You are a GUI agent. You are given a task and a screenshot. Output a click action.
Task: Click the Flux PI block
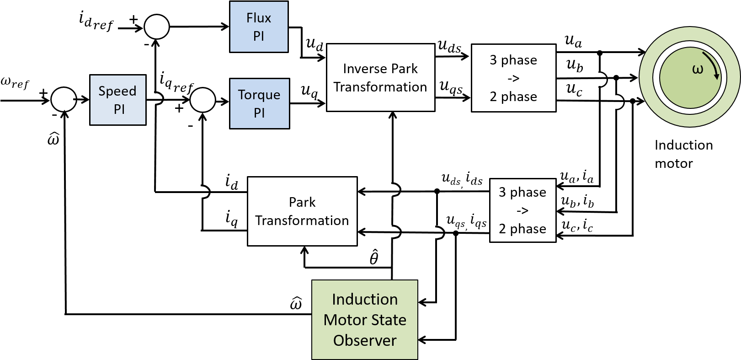tap(259, 27)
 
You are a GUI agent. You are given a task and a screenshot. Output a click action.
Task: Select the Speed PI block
tap(117, 100)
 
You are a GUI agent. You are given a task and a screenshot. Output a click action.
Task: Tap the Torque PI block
tap(259, 103)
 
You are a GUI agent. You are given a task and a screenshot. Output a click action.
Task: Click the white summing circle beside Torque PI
tap(203, 100)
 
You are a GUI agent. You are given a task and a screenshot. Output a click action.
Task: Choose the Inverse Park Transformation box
tap(380, 77)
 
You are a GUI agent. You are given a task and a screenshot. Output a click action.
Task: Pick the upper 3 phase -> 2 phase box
tap(513, 78)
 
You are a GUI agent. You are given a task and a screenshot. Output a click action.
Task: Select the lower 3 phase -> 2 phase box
tap(522, 210)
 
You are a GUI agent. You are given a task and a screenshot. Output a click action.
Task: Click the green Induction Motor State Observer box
tap(364, 319)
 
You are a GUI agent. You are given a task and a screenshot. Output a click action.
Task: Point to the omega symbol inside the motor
tap(698, 70)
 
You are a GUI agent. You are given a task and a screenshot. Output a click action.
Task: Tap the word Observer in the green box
tap(364, 340)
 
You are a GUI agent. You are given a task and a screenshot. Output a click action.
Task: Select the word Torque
tap(259, 95)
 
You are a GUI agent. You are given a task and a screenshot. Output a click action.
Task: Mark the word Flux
tap(259, 18)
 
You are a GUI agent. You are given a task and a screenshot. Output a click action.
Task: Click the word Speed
tap(117, 91)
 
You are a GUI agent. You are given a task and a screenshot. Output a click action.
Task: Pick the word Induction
tap(364, 299)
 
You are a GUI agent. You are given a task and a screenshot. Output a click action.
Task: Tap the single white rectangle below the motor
tap(604, 226)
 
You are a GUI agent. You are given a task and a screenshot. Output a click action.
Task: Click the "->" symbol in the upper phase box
tap(513, 78)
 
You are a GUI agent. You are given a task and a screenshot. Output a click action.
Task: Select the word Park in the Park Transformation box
tap(302, 202)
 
